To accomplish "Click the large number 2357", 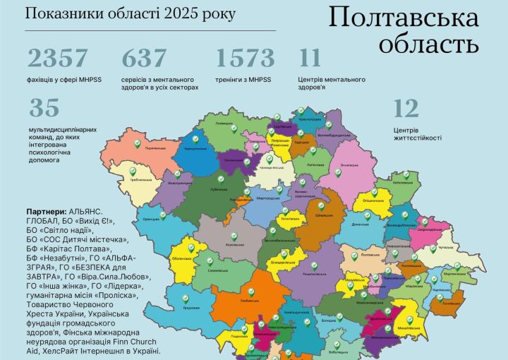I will pyautogui.click(x=59, y=59).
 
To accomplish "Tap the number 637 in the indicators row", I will pyautogui.click(x=144, y=59).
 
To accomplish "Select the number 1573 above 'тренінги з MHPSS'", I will pyautogui.click(x=245, y=59).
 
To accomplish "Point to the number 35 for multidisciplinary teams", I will pyautogui.click(x=44, y=108).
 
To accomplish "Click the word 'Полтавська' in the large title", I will pyautogui.click(x=404, y=18).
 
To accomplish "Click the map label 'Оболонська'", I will pyautogui.click(x=190, y=258).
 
